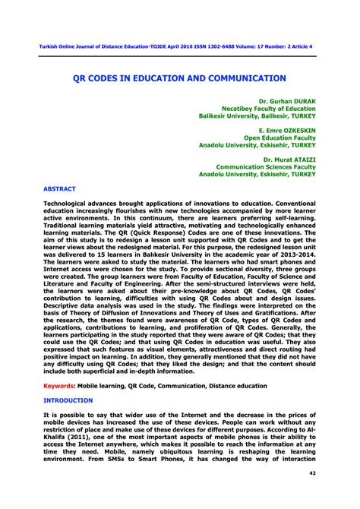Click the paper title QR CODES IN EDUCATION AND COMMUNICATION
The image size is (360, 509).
coord(179,77)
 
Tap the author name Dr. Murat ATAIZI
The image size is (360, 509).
coord(289,159)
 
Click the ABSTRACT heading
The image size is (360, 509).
coord(59,187)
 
